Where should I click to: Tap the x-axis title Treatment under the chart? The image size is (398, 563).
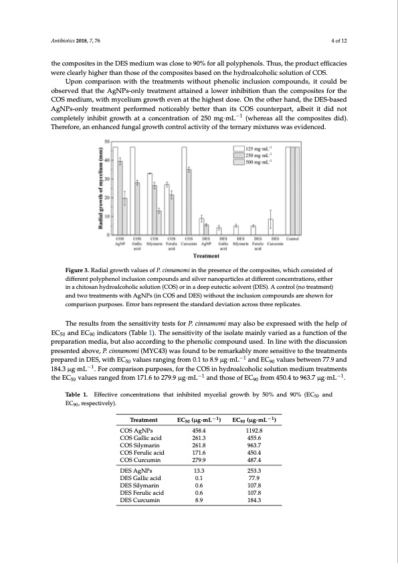204,255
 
